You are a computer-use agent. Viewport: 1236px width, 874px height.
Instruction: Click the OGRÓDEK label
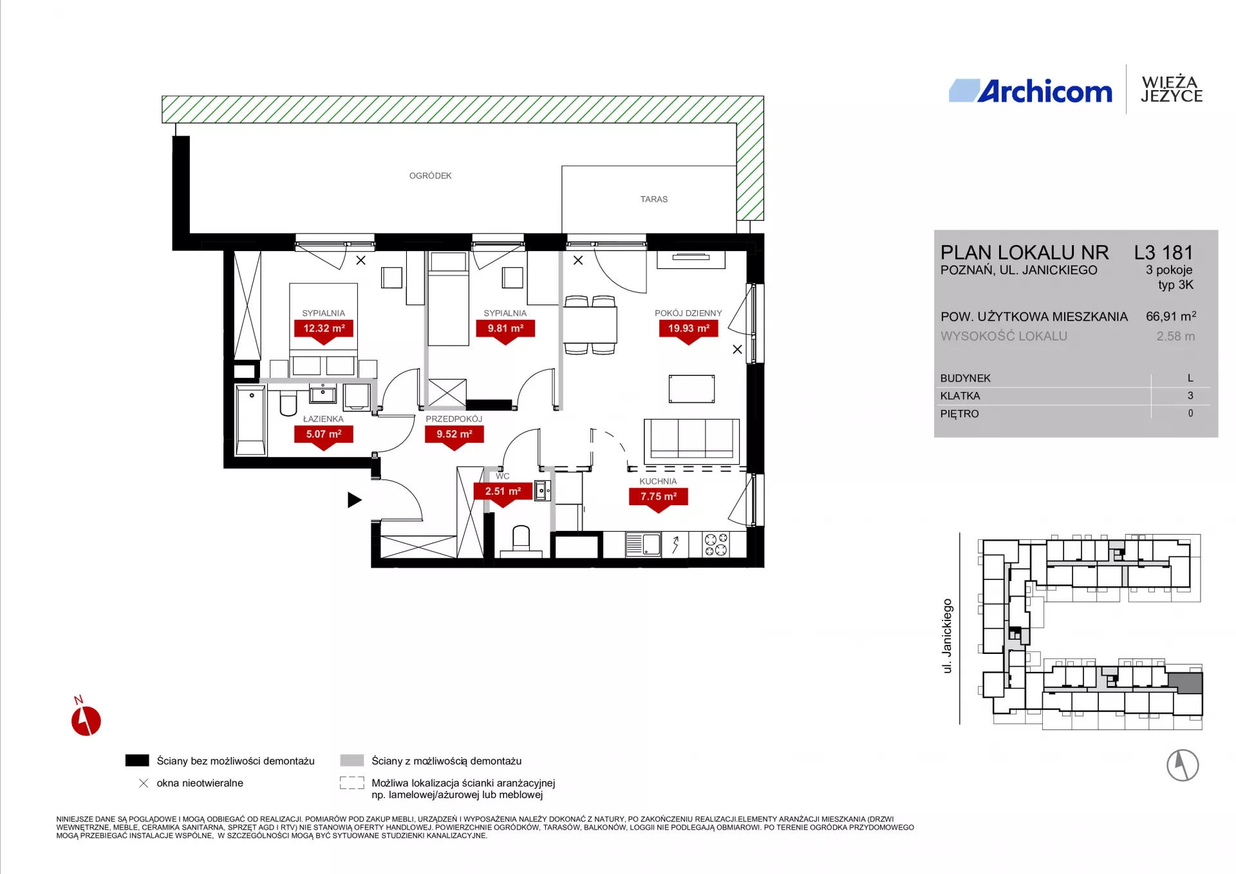pos(431,176)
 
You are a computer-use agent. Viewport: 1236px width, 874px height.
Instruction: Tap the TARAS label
pos(654,200)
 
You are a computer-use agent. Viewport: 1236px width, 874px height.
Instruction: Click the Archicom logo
pos(1030,91)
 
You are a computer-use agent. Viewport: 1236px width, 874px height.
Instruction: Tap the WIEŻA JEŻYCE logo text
pos(1171,89)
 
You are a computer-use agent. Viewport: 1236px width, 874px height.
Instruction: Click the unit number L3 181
pos(1164,252)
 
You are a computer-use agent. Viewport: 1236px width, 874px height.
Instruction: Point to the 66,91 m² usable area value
pos(1171,316)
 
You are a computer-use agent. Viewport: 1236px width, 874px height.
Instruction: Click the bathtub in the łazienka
pos(250,420)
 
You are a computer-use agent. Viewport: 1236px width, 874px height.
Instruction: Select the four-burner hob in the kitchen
pos(716,544)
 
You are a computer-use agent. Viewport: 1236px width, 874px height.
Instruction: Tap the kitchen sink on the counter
pos(643,544)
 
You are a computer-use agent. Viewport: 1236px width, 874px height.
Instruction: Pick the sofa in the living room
pos(692,440)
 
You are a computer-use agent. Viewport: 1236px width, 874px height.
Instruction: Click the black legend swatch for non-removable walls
pos(137,761)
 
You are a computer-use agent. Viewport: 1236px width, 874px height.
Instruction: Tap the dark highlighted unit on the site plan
pos(1185,683)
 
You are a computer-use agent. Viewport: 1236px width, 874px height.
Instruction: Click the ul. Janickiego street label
pos(947,636)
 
